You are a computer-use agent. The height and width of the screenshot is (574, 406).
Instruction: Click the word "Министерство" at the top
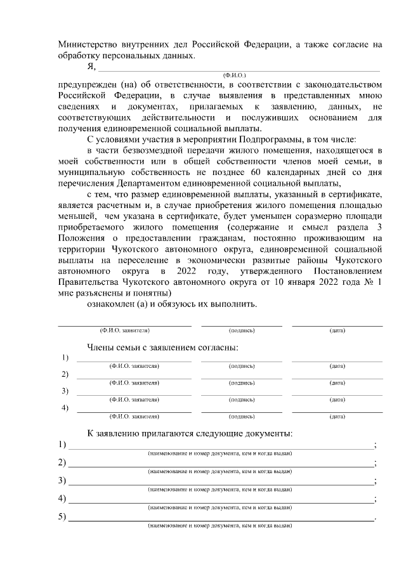(x=86, y=44)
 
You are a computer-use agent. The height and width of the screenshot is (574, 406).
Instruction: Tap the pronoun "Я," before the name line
(x=92, y=67)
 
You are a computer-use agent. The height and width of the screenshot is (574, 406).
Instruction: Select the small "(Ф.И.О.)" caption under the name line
(x=226, y=75)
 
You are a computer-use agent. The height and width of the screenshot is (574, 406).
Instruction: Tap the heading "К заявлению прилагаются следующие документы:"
(x=190, y=433)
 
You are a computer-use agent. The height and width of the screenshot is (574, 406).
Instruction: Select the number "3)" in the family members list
(x=65, y=391)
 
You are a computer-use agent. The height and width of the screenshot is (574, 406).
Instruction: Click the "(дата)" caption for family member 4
(x=337, y=416)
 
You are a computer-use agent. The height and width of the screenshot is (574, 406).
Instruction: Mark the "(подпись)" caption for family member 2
(x=242, y=383)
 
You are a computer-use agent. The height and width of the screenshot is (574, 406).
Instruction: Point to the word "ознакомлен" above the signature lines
(x=111, y=304)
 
